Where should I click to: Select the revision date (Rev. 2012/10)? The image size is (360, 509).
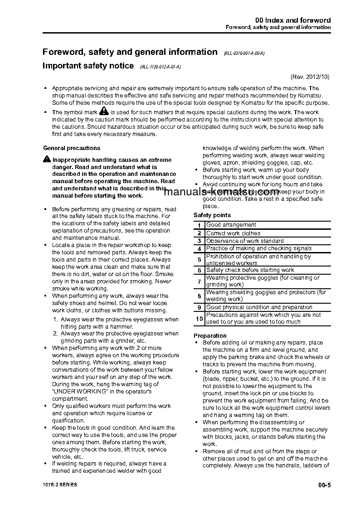pyautogui.click(x=310, y=77)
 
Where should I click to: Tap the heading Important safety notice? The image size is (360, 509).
pyautogui.click(x=88, y=66)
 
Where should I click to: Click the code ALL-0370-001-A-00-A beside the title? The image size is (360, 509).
pyautogui.click(x=244, y=53)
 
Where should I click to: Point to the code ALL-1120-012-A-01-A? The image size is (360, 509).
pyautogui.click(x=161, y=67)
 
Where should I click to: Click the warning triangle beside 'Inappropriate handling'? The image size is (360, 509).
pyautogui.click(x=47, y=159)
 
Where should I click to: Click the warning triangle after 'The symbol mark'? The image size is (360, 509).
pyautogui.click(x=104, y=111)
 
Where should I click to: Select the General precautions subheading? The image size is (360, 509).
pyautogui.click(x=72, y=148)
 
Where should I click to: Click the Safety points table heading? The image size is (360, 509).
pyautogui.click(x=212, y=215)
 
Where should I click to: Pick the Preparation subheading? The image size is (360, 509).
pyautogui.click(x=210, y=335)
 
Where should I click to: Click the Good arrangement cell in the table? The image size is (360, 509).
pyautogui.click(x=231, y=225)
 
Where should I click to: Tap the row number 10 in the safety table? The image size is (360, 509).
pyautogui.click(x=199, y=319)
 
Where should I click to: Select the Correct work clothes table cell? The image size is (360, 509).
pyautogui.click(x=234, y=233)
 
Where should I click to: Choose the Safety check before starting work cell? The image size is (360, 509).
pyautogui.click(x=250, y=270)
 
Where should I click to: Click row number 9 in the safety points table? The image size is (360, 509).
pyautogui.click(x=199, y=307)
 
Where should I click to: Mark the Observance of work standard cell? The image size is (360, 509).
pyautogui.click(x=245, y=241)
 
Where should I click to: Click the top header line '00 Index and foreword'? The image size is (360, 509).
pyautogui.click(x=293, y=20)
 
